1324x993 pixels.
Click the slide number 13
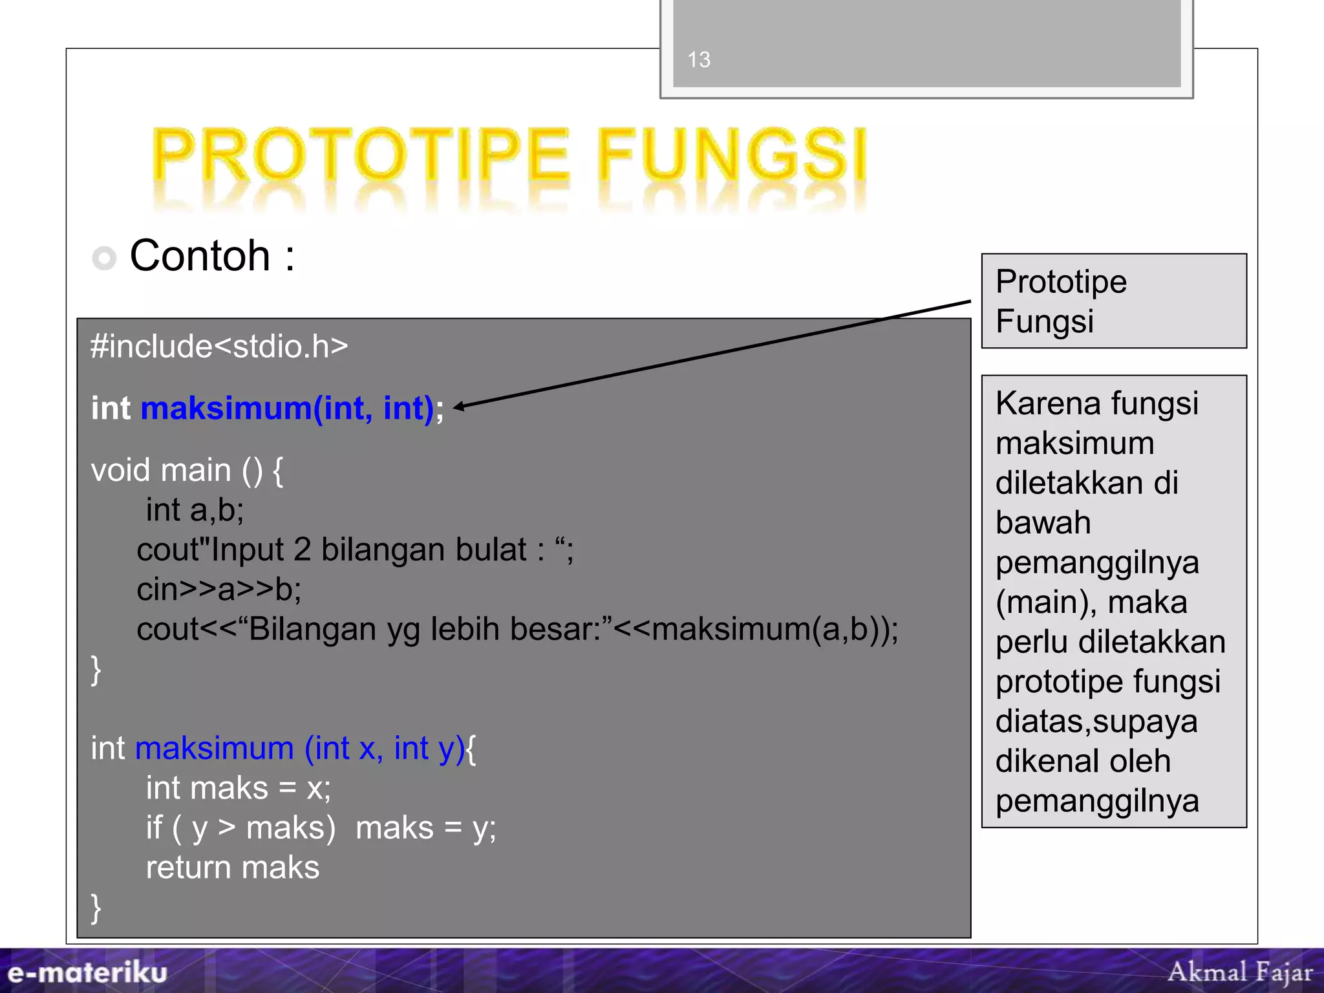pos(699,59)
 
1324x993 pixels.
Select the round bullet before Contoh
pos(104,258)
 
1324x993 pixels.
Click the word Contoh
pos(200,256)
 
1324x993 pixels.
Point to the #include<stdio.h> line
pos(219,347)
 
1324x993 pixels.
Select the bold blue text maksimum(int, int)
pos(287,409)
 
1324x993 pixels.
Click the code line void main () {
pos(187,470)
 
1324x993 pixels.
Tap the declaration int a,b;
pos(195,510)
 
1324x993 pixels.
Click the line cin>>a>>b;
pos(219,590)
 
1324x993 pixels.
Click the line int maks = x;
pos(238,788)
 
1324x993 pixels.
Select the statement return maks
pos(233,868)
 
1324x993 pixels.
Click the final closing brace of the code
pos(96,908)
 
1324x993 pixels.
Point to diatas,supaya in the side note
pos(1096,721)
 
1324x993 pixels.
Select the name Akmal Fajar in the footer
pos(1240,972)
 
